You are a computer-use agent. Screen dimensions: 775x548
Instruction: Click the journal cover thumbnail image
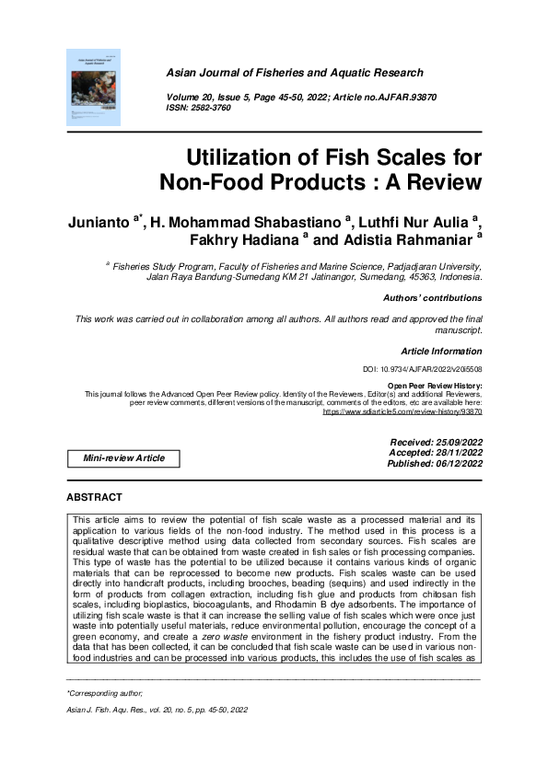94,87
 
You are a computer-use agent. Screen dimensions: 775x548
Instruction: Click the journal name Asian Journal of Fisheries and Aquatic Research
295,73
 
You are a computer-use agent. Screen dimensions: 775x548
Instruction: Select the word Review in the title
441,181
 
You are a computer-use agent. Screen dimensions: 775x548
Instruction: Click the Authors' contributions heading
432,298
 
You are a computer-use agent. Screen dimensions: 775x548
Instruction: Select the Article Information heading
441,352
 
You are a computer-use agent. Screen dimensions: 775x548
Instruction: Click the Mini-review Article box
124,458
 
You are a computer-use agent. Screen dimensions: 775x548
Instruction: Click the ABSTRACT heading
94,497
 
